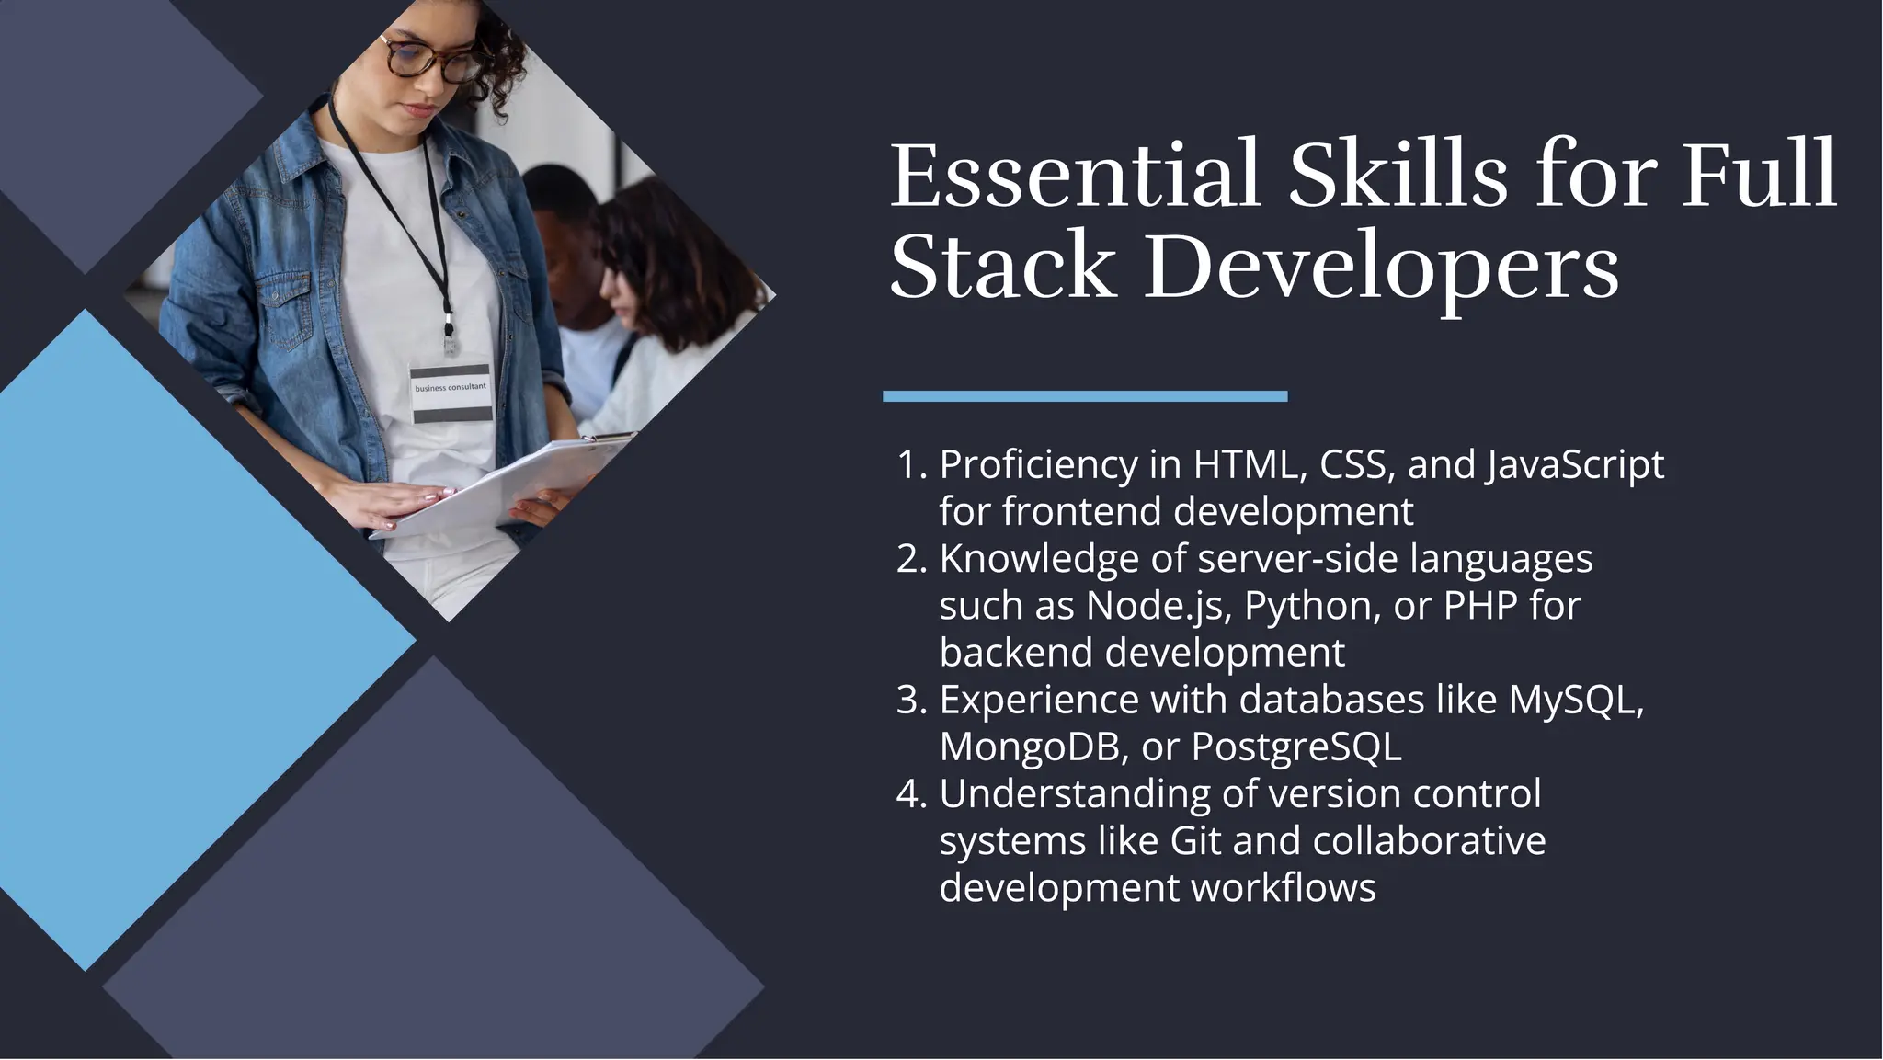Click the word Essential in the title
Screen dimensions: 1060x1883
(x=1074, y=175)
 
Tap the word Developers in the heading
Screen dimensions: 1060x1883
(x=1380, y=267)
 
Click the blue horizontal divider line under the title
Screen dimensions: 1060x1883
(x=1085, y=396)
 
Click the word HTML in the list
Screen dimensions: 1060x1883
(x=1250, y=465)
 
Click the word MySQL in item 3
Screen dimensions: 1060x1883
(x=1575, y=701)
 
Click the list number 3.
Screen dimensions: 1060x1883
(x=910, y=701)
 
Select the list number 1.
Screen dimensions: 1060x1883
(x=910, y=465)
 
